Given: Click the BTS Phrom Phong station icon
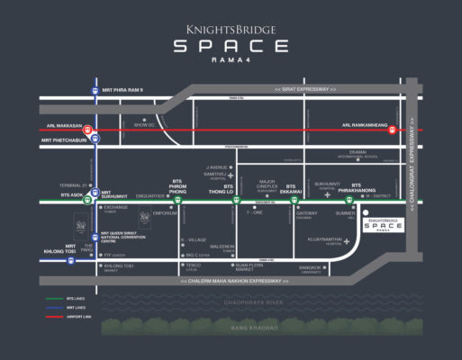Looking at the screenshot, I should pos(178,202).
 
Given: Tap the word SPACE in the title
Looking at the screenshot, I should pos(231,47).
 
